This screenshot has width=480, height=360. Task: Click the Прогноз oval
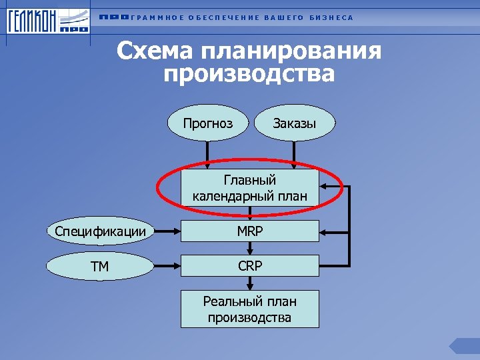[x=209, y=123]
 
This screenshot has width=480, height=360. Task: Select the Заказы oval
[x=294, y=123]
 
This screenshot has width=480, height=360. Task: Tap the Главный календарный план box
[x=250, y=188]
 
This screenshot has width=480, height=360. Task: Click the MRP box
[x=250, y=231]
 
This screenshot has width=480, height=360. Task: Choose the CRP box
[x=250, y=266]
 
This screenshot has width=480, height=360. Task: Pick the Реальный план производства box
[x=250, y=309]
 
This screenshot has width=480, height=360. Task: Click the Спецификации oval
[x=101, y=231]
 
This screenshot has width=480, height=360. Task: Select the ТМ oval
[x=101, y=266]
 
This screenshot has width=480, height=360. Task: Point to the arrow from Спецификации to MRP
[x=167, y=231]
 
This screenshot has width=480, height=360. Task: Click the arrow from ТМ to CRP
[x=167, y=266]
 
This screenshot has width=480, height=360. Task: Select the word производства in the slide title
[x=249, y=73]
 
